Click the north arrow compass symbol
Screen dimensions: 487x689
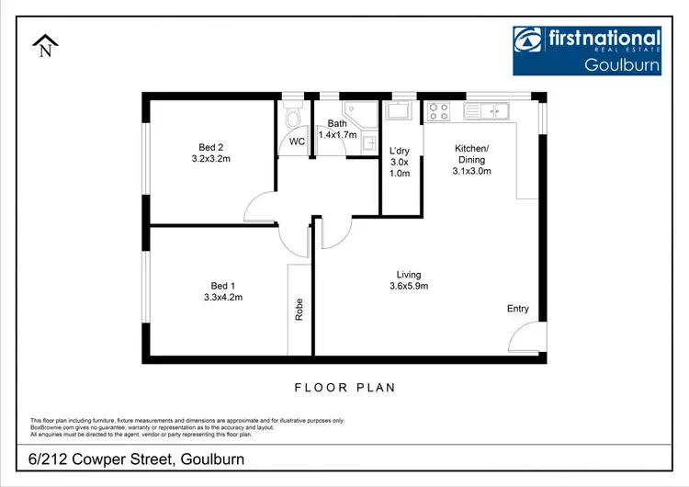coord(43,47)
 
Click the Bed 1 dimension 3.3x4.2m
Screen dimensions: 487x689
coord(223,297)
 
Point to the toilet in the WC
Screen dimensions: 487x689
coord(293,119)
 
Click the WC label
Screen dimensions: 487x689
coord(297,142)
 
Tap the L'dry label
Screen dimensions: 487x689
coord(400,151)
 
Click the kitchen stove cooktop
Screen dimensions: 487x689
coord(438,111)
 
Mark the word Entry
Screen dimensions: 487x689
coord(518,309)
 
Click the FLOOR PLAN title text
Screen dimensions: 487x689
coord(344,388)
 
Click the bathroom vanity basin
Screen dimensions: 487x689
coord(367,142)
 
